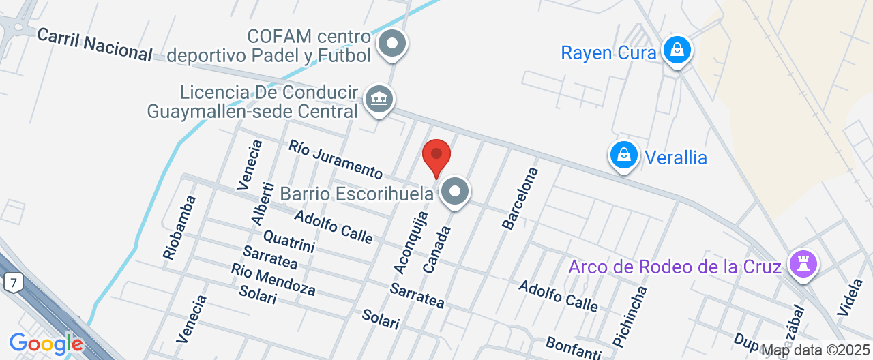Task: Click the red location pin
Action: click(x=436, y=156)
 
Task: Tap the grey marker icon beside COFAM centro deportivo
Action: click(x=392, y=44)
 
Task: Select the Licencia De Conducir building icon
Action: click(x=378, y=100)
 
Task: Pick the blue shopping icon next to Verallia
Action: click(x=623, y=155)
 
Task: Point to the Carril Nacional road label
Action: click(x=94, y=44)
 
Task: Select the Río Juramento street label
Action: click(x=335, y=159)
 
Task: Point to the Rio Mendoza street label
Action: click(x=272, y=280)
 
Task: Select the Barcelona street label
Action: click(x=520, y=197)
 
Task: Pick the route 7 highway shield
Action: click(x=11, y=282)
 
